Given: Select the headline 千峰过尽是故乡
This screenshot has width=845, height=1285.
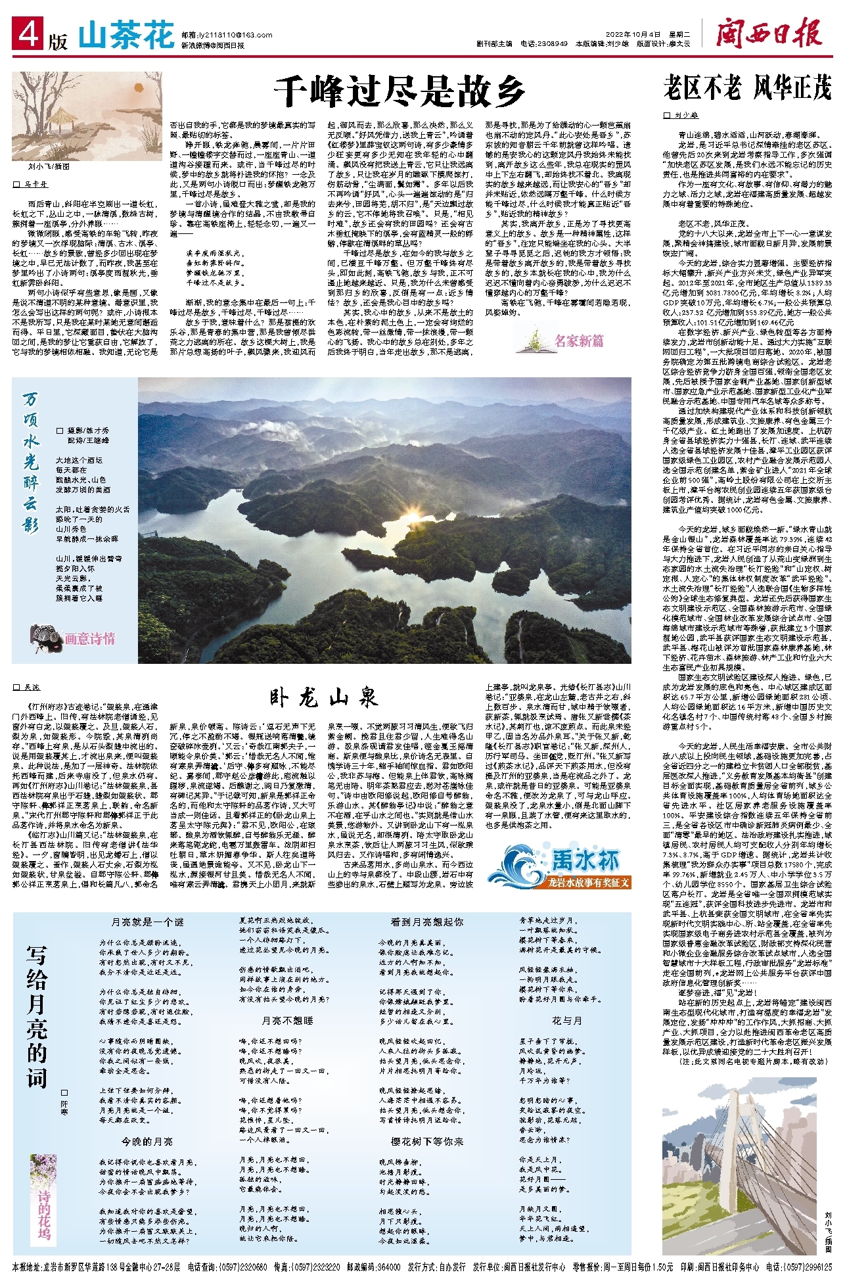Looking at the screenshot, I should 399,91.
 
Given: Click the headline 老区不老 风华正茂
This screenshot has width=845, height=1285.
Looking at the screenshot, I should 746,87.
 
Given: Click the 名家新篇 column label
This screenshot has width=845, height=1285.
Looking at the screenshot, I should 579,341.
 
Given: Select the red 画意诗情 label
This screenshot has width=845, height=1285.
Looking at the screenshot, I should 89,638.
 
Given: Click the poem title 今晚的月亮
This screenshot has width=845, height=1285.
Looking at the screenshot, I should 147,1142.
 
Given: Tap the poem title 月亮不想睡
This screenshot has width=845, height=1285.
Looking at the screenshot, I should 288,1021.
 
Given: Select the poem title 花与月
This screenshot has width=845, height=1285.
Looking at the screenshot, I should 566,1021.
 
